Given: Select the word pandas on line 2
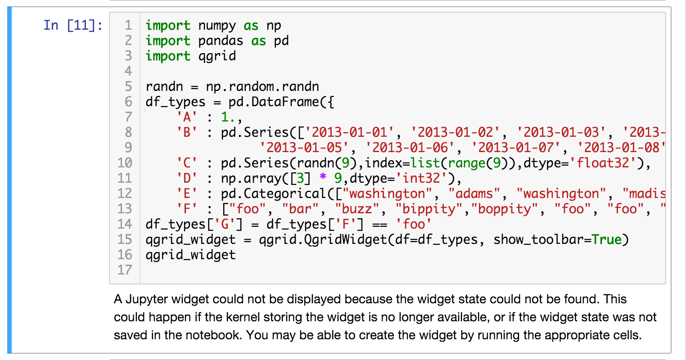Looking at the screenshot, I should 221,41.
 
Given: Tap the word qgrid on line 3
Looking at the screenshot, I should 217,56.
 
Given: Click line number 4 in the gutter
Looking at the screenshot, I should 128,71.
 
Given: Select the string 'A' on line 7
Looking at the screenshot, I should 187,117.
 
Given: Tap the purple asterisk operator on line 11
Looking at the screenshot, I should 322,178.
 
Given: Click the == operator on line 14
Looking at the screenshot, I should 379,224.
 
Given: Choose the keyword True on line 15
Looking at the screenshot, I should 606,239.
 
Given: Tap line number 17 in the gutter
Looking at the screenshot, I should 125,270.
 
